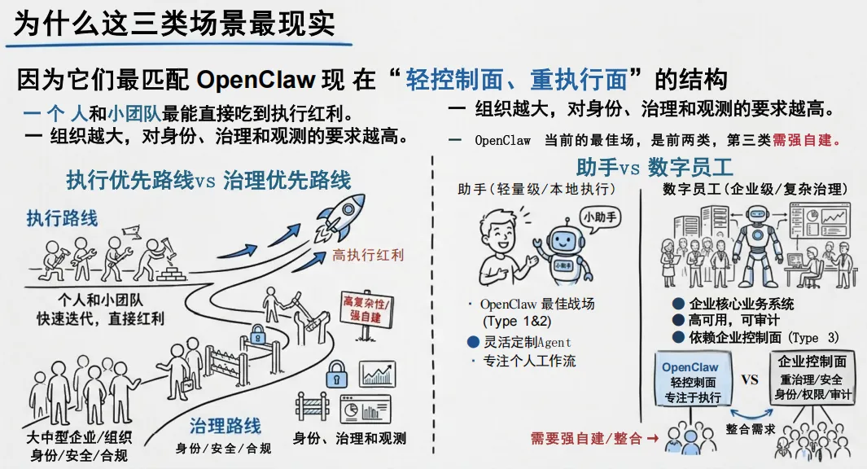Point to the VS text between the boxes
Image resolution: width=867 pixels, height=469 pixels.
750,379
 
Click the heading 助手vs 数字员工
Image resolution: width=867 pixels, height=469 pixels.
655,168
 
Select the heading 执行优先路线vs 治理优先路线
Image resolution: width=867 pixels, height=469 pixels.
208,180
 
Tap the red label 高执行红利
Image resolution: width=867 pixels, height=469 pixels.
368,256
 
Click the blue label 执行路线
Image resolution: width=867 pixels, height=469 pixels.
62,217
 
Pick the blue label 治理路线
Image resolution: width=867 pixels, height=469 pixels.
226,426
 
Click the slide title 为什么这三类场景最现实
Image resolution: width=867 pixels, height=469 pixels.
174,24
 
